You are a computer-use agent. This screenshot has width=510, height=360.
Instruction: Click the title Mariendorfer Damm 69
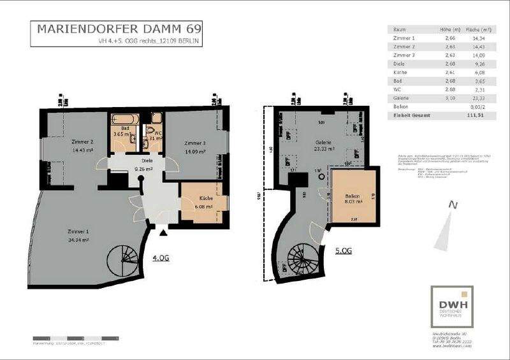tap(118, 29)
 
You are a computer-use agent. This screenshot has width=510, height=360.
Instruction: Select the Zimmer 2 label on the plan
tap(83, 142)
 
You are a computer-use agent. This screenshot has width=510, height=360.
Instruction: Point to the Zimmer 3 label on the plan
tap(194, 143)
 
